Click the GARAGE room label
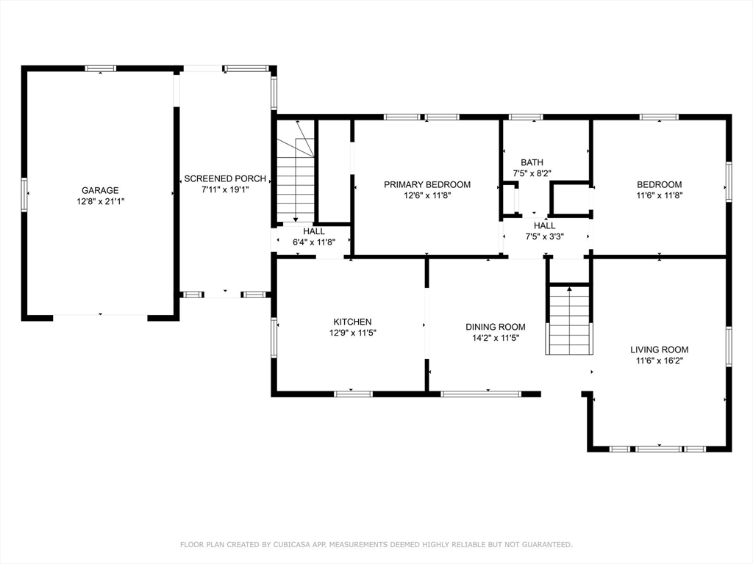coord(100,190)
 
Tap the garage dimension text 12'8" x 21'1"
coord(100,201)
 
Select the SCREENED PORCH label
coord(225,178)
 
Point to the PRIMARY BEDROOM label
coord(427,184)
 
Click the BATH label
coord(532,162)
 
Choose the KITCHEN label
coord(352,322)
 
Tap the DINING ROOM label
coord(496,327)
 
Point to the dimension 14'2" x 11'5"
coord(496,338)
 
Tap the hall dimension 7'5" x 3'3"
coord(545,236)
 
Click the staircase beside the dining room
coord(569,319)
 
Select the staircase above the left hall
coord(296,180)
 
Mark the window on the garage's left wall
coord(24,194)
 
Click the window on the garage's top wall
coord(101,68)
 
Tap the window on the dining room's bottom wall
coord(481,394)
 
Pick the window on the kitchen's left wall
coord(274,337)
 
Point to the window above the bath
coord(526,117)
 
